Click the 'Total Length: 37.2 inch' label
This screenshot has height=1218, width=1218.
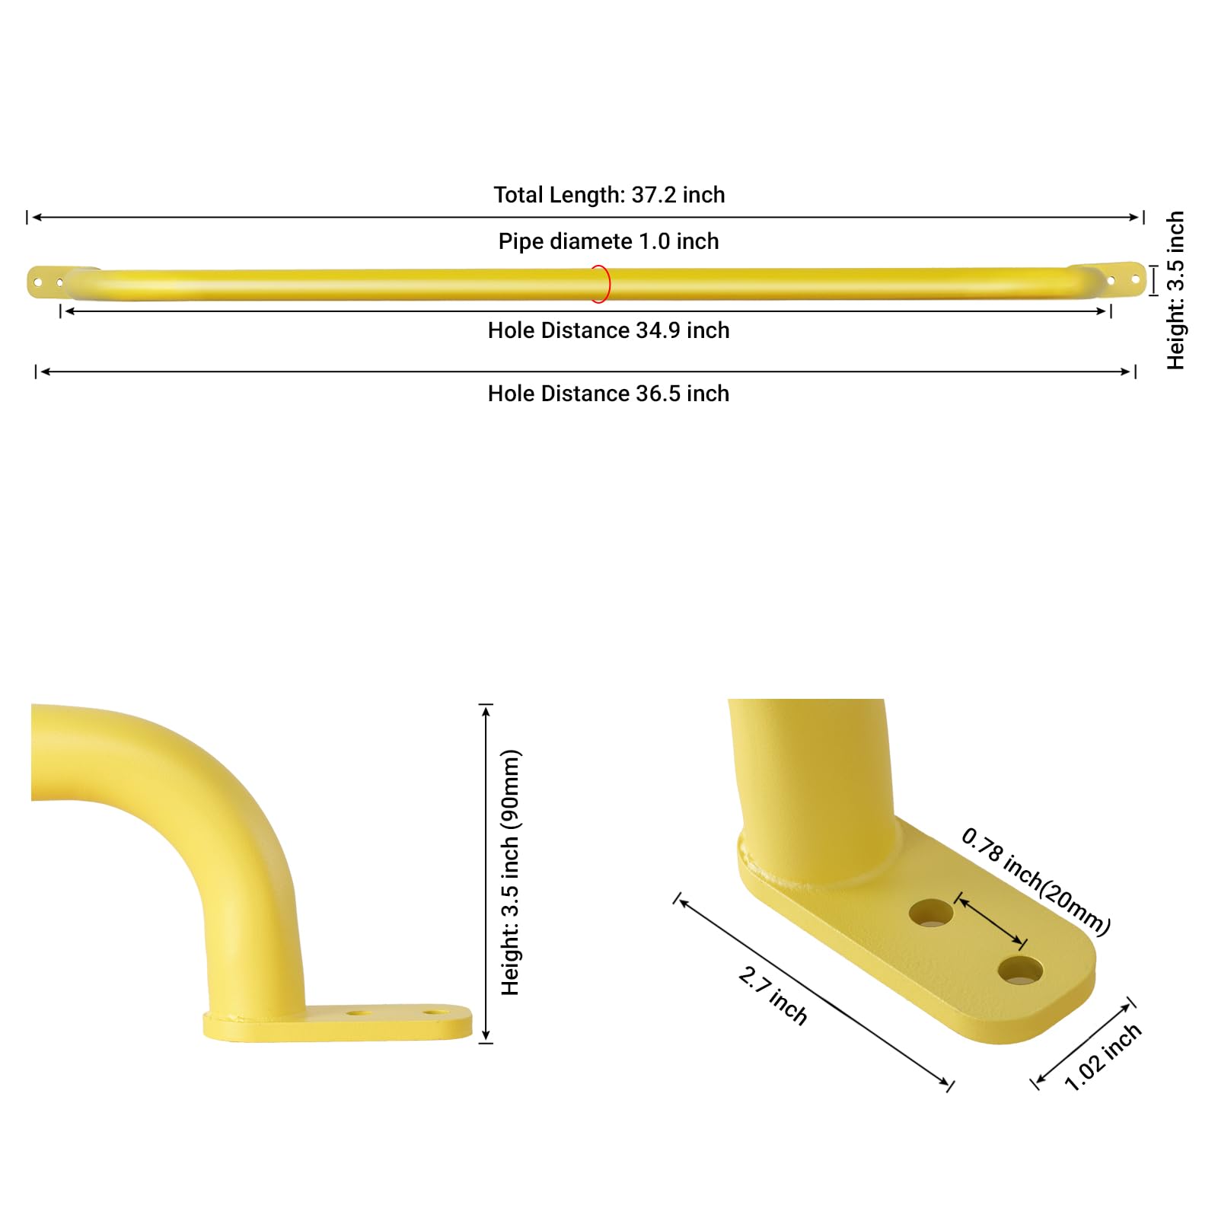(x=609, y=195)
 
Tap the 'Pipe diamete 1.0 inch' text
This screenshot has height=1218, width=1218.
(x=608, y=241)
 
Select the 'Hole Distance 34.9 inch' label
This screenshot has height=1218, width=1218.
(x=608, y=330)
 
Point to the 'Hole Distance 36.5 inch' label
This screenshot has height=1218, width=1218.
(x=608, y=394)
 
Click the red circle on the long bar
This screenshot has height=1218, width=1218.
(x=601, y=284)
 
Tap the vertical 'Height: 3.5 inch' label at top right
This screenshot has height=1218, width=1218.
(x=1175, y=290)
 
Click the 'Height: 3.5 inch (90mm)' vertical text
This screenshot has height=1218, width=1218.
(x=510, y=872)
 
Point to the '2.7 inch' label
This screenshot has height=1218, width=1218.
(x=773, y=996)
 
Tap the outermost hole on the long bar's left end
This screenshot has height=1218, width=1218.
(x=37, y=282)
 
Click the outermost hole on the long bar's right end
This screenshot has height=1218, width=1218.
(x=1135, y=280)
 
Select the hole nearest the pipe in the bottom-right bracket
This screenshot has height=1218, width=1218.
(x=931, y=912)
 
